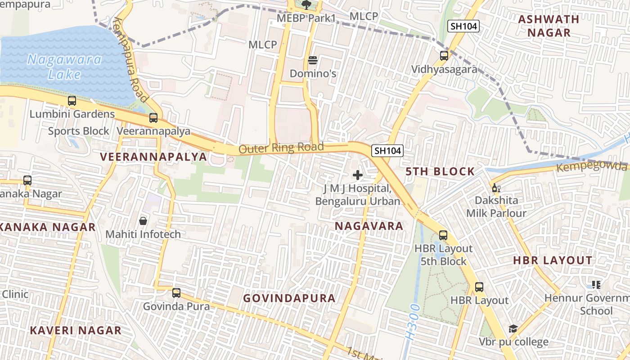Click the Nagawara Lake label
[64, 66]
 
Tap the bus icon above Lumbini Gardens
[72, 101]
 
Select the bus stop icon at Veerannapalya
[153, 118]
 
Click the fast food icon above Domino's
[313, 60]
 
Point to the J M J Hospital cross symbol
[358, 175]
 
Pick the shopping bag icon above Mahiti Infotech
[143, 220]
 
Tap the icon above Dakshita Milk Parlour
[496, 188]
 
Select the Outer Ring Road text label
[281, 148]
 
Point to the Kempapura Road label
[131, 59]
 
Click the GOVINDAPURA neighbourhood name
[289, 298]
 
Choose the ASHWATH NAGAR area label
[549, 26]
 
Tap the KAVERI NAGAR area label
[76, 331]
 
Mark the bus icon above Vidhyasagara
[444, 56]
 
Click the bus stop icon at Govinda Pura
[176, 293]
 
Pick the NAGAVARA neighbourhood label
[369, 226]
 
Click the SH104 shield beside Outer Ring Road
[387, 151]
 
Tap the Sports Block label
[79, 131]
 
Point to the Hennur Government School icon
[596, 284]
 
